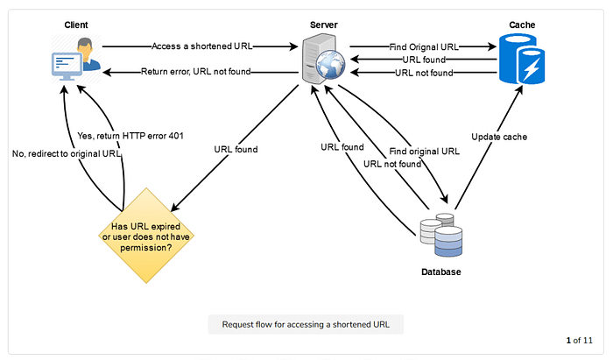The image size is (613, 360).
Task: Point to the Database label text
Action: (440, 272)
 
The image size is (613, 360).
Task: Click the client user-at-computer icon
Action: (75, 60)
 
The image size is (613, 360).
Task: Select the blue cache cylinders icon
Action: (522, 60)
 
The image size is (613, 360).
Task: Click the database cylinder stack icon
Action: (441, 235)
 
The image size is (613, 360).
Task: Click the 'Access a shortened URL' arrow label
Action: (201, 46)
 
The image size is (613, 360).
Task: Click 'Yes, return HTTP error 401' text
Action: (131, 135)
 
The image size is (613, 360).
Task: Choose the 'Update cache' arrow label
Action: (499, 137)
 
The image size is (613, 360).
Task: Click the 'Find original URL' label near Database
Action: (425, 151)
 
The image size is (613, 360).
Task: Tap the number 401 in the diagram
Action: (175, 135)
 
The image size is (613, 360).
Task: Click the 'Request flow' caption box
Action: (306, 324)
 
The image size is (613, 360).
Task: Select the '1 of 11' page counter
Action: (580, 340)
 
